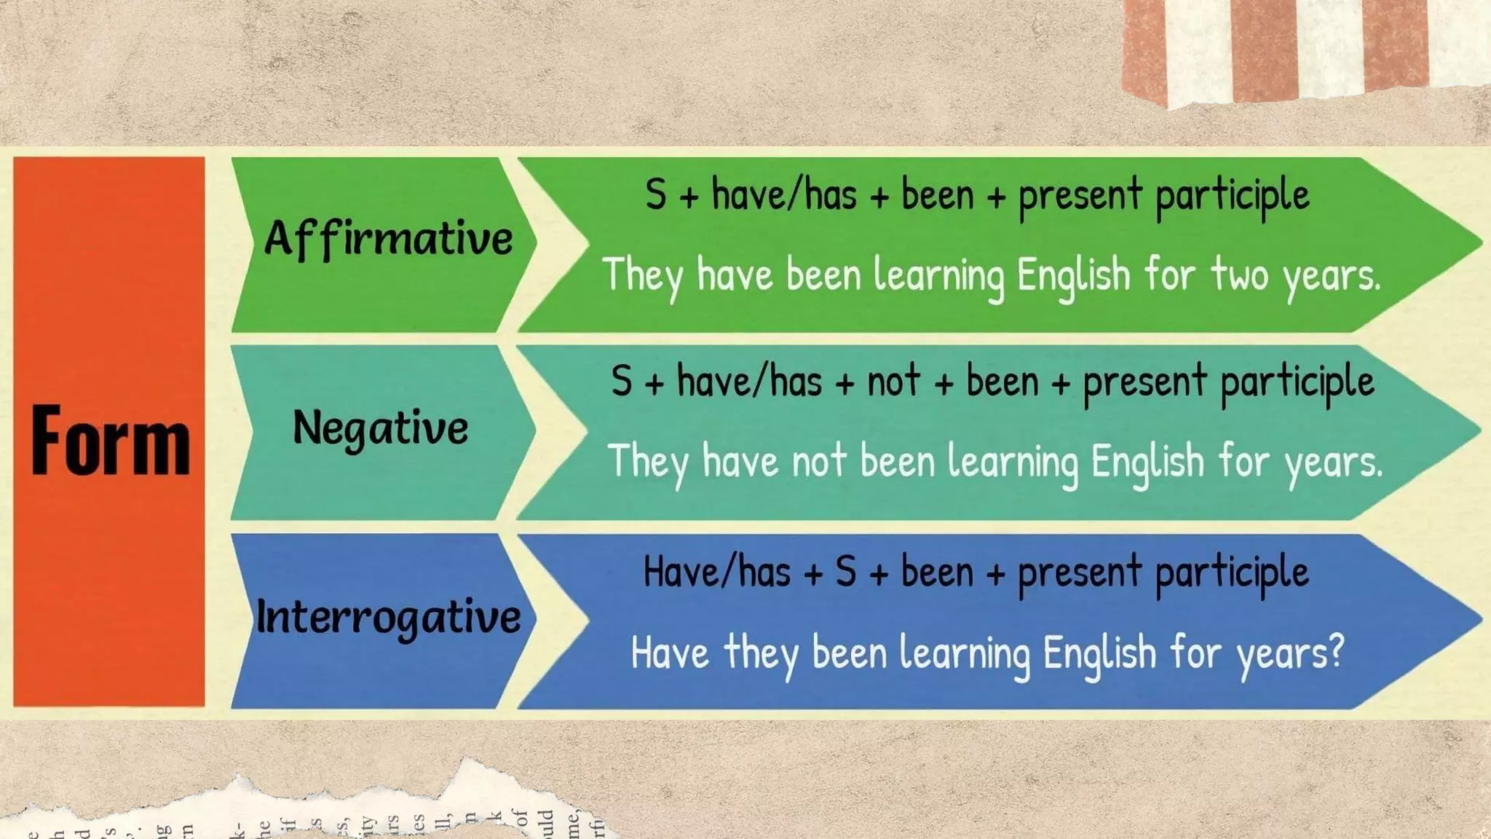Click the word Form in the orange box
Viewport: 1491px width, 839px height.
point(110,441)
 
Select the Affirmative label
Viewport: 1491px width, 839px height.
point(388,239)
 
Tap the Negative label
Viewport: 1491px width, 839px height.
point(380,428)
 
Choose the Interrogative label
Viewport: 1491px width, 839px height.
point(388,618)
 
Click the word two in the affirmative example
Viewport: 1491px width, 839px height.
point(1238,275)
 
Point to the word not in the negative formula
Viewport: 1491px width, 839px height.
point(893,381)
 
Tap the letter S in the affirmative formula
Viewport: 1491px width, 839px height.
point(655,195)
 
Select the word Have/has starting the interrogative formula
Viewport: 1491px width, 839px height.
point(716,572)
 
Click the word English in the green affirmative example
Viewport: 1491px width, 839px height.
point(1073,275)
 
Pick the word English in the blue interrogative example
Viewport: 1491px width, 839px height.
point(1099,653)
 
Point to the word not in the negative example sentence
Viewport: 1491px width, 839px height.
point(818,462)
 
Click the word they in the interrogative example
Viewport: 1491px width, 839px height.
point(760,653)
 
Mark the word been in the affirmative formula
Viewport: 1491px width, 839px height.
point(937,195)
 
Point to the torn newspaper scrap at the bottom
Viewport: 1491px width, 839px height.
point(306,808)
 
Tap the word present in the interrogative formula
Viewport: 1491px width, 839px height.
point(1079,572)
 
